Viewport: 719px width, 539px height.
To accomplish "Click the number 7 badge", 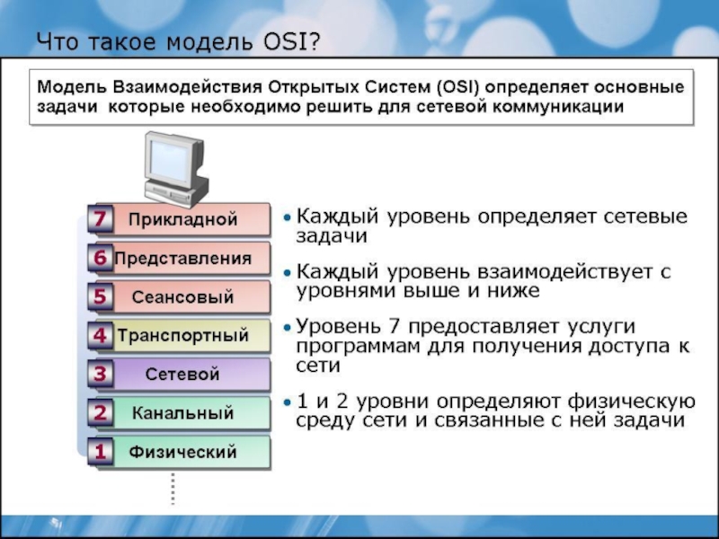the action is pyautogui.click(x=101, y=218).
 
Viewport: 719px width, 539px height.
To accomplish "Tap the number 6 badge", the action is pyautogui.click(x=101, y=257).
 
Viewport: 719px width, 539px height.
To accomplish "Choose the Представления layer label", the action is pyautogui.click(x=183, y=259).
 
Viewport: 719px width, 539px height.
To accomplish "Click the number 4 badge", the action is pyautogui.click(x=101, y=335).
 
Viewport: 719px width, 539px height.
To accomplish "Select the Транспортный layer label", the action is pyautogui.click(x=183, y=335).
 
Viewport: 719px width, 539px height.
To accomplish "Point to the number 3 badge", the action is pyautogui.click(x=101, y=374).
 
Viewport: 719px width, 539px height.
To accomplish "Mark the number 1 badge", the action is pyautogui.click(x=101, y=452).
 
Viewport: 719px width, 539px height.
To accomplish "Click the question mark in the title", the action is pyautogui.click(x=313, y=41).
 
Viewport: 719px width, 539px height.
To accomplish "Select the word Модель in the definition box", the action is pyautogui.click(x=72, y=86).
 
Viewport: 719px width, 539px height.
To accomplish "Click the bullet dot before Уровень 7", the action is pyautogui.click(x=287, y=328).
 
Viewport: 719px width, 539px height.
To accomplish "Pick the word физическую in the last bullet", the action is pyautogui.click(x=632, y=402).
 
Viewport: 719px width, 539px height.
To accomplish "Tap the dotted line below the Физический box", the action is pyautogui.click(x=173, y=489).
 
